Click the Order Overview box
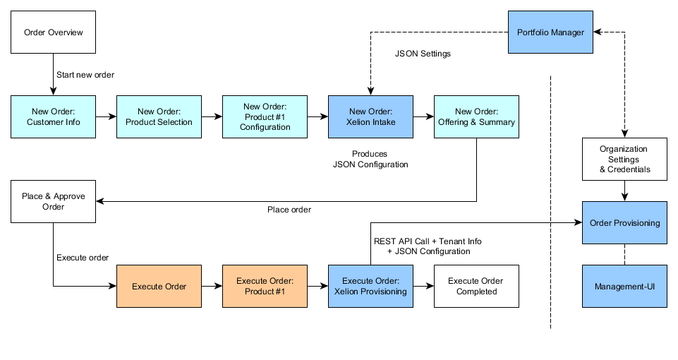[53, 32]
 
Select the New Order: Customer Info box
[53, 116]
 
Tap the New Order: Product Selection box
[159, 116]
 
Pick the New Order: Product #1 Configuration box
[265, 116]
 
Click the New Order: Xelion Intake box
[370, 116]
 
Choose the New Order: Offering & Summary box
[476, 116]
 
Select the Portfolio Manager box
[550, 32]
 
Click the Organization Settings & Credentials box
[624, 160]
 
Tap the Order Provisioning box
[624, 223]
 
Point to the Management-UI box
[624, 287]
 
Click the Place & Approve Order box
[53, 201]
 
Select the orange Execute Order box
[159, 287]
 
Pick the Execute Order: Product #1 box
[265, 287]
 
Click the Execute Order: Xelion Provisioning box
[370, 287]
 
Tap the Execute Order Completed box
[476, 287]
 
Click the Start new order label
[85, 75]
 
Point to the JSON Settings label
[423, 54]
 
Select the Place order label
[289, 210]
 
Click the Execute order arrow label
[83, 258]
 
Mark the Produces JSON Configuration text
[370, 159]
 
